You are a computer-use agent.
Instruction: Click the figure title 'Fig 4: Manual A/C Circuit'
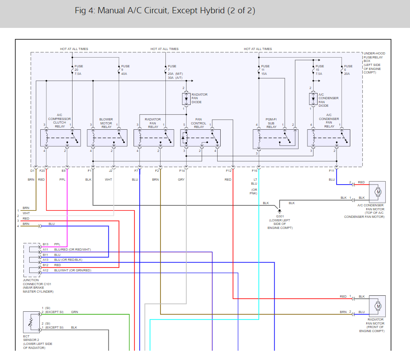pyautogui.click(x=165, y=11)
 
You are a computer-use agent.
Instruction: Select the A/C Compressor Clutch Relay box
pyautogui.click(x=60, y=138)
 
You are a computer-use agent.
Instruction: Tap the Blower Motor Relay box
pyautogui.click(x=107, y=138)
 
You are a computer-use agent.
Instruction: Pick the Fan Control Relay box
pyautogui.click(x=200, y=138)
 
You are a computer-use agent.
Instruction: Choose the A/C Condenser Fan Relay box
pyautogui.click(x=329, y=138)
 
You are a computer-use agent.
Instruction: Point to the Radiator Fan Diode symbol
pyautogui.click(x=186, y=98)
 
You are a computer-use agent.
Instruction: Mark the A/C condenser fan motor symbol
pyautogui.click(x=378, y=192)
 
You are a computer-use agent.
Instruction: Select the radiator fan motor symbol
pyautogui.click(x=378, y=306)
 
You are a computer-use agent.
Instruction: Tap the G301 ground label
pyautogui.click(x=280, y=217)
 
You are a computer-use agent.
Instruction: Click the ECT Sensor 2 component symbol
pyautogui.click(x=31, y=322)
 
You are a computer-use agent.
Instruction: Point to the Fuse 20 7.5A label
pyautogui.click(x=79, y=70)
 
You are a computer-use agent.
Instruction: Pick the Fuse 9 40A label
pyautogui.click(x=126, y=70)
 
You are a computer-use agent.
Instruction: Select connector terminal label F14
pyautogui.click(x=182, y=170)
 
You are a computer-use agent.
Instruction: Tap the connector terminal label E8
pyautogui.click(x=64, y=170)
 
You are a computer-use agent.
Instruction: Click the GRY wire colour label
pyautogui.click(x=181, y=180)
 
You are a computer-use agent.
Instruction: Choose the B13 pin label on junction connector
pyautogui.click(x=46, y=244)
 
